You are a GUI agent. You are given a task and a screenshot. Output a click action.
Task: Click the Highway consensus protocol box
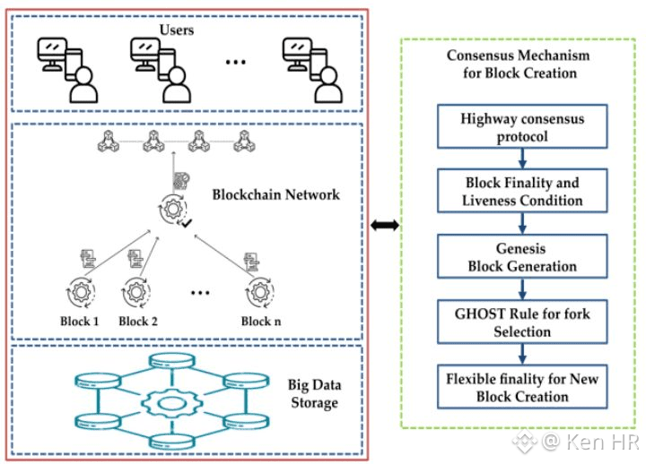[x=520, y=126]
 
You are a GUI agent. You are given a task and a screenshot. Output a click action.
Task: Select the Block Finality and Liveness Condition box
[x=520, y=191]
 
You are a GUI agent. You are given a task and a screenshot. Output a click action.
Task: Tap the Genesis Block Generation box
[x=520, y=255]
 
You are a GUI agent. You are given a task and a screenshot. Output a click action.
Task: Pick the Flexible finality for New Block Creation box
[x=520, y=387]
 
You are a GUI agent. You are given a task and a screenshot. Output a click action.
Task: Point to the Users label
[x=183, y=30]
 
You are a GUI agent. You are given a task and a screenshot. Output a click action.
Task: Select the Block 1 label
[x=74, y=321]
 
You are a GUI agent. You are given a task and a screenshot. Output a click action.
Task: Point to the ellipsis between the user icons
[x=236, y=64]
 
